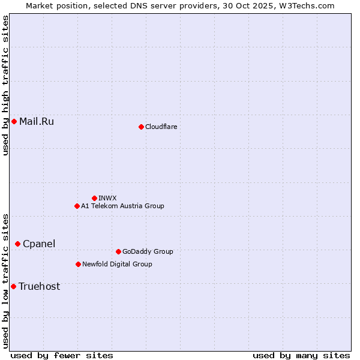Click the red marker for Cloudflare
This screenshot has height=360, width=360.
(141, 127)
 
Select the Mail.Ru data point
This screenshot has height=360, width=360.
(14, 122)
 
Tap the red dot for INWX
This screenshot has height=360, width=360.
(94, 198)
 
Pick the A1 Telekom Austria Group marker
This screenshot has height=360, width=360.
(77, 206)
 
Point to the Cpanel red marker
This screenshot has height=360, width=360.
(17, 244)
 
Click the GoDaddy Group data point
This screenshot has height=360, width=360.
(118, 251)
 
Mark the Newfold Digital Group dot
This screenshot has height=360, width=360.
(78, 264)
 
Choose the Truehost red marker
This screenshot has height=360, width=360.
(13, 286)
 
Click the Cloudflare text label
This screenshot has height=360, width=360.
(161, 127)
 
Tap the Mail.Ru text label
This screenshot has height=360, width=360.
(37, 122)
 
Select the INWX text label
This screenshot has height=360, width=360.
(107, 198)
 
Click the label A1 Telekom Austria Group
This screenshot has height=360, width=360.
(122, 206)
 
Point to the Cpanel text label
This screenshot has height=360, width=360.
(39, 244)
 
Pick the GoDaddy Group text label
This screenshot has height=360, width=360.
(148, 251)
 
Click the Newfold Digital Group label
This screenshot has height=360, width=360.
(117, 264)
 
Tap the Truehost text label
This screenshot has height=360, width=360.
(40, 286)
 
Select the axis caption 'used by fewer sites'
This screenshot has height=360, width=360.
(62, 355)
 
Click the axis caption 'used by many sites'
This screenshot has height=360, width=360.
(301, 355)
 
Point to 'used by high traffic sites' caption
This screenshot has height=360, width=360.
(6, 85)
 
